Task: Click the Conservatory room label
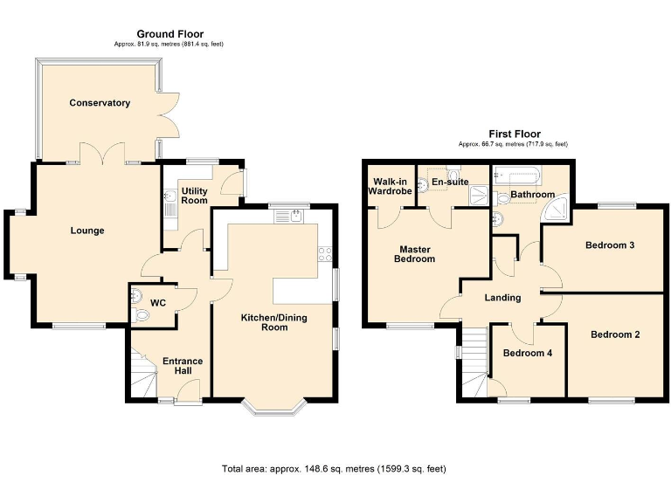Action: tap(100, 103)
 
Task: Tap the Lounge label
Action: tap(87, 231)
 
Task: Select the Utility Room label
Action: tap(194, 195)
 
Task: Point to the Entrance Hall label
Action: tap(183, 367)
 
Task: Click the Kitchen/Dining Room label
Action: tap(274, 322)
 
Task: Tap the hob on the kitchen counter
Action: tap(326, 254)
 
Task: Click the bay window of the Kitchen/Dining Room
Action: tap(274, 406)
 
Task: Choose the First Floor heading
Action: tap(514, 134)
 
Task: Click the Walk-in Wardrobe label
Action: tap(389, 187)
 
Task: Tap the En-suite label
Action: tap(452, 182)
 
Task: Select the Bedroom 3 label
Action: tap(609, 245)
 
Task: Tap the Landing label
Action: tap(502, 298)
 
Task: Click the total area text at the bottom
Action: tap(334, 469)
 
